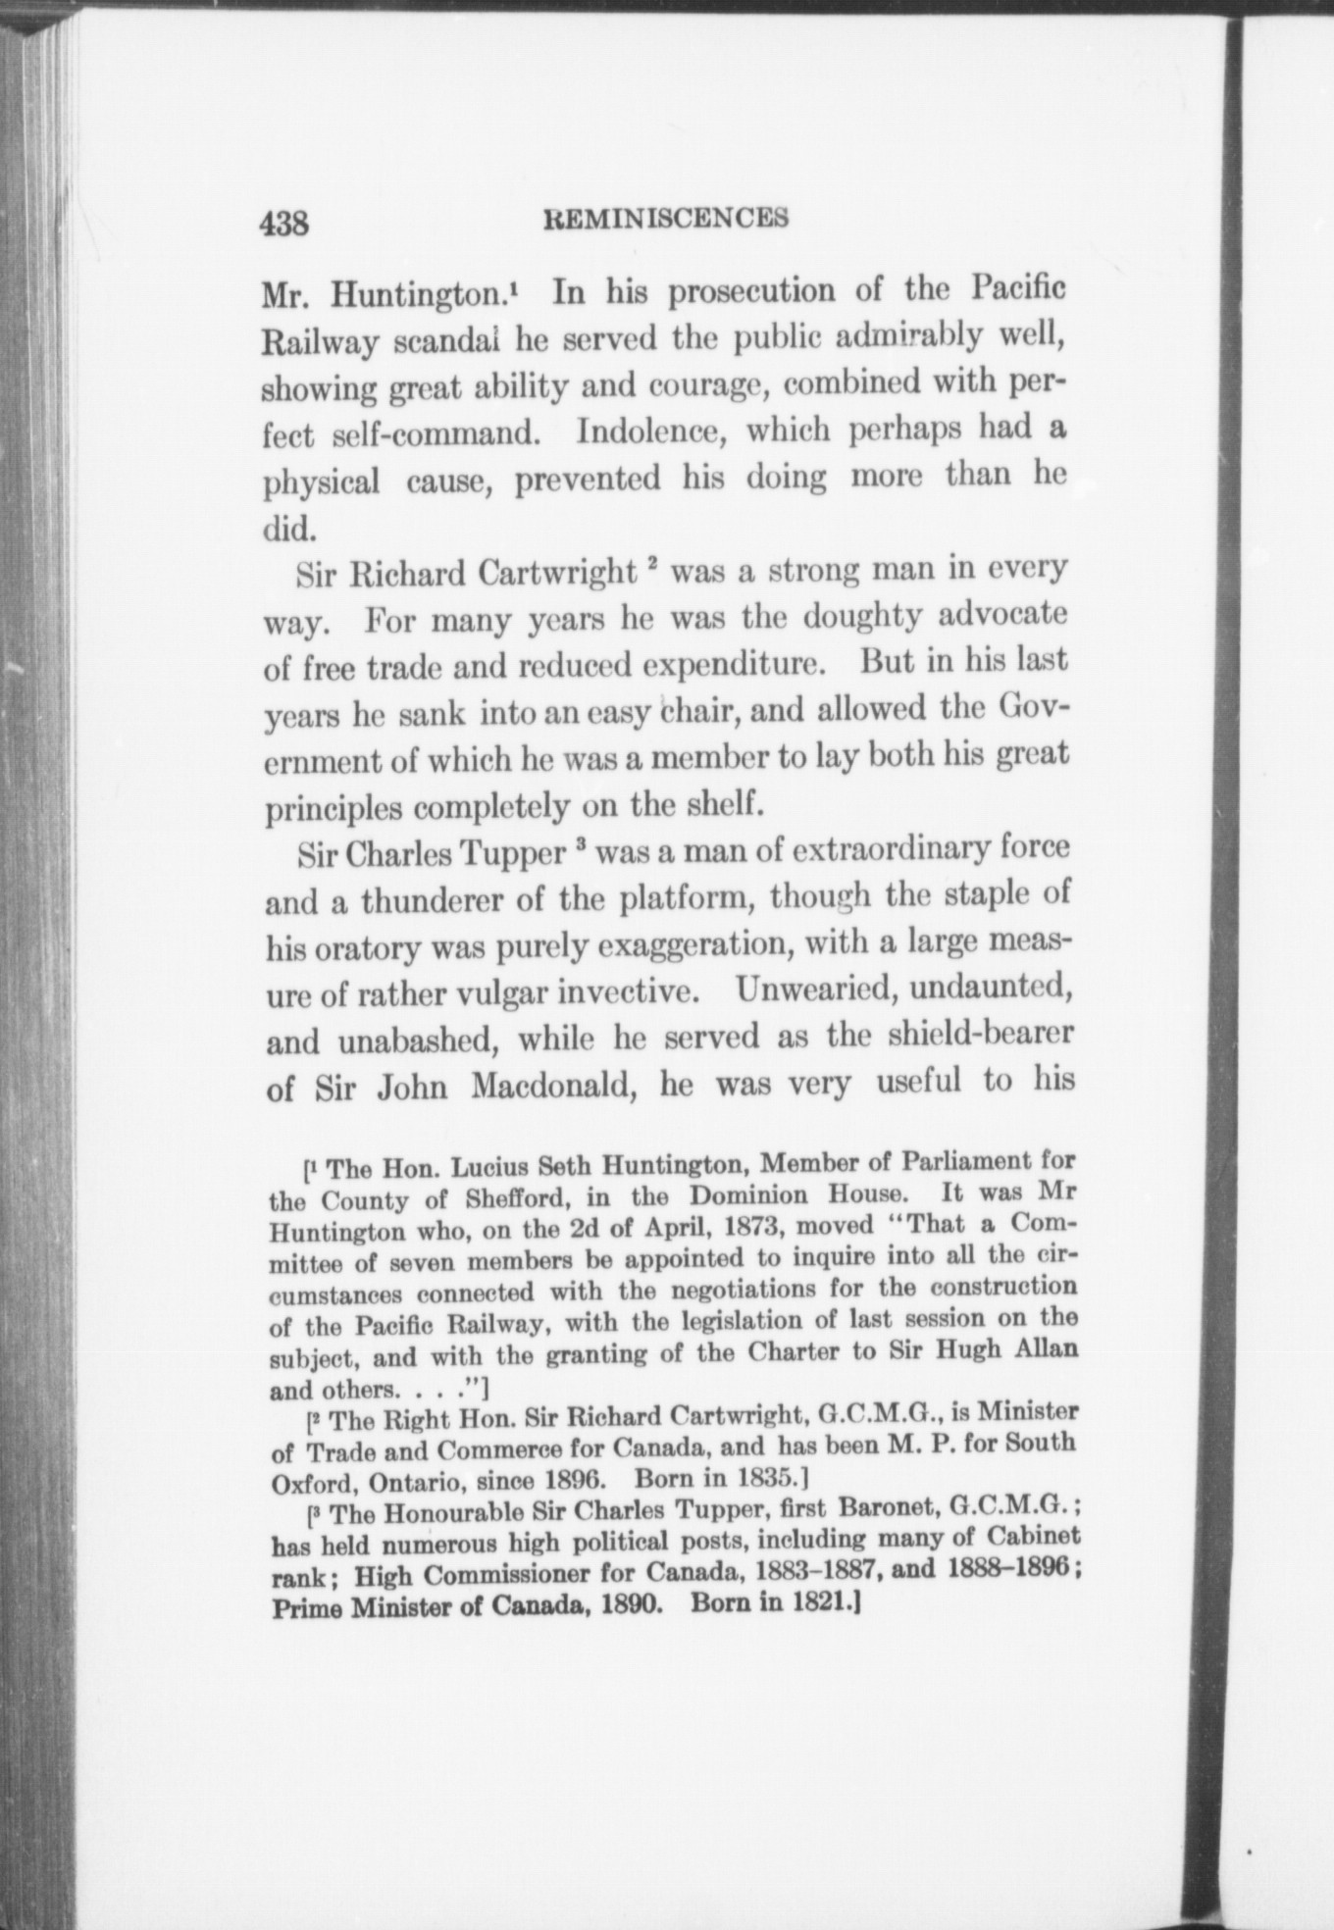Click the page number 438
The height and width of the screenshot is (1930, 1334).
pos(284,225)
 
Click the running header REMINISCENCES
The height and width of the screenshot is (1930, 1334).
pos(666,218)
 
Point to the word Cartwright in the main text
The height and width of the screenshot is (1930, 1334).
pos(556,572)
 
